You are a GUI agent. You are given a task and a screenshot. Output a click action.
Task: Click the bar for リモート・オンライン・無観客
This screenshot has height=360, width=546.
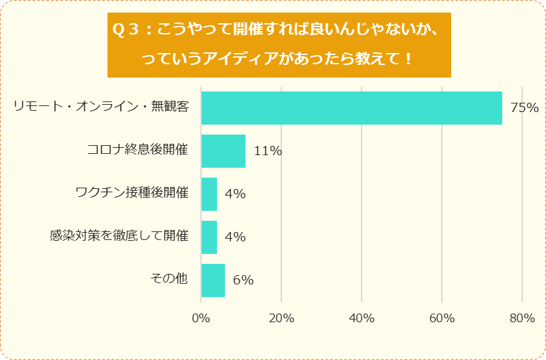click(352, 108)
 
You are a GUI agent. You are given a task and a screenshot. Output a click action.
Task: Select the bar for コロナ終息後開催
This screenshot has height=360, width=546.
click(223, 151)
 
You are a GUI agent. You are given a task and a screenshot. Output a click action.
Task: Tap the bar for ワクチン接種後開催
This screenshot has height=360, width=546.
click(209, 194)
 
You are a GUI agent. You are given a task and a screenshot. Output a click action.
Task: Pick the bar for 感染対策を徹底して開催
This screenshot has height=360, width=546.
click(209, 237)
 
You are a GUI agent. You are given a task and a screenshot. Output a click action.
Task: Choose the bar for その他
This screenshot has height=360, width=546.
click(213, 280)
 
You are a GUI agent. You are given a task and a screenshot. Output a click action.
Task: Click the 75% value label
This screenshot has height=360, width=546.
click(524, 108)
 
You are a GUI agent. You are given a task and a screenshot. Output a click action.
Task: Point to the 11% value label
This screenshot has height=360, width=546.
click(268, 151)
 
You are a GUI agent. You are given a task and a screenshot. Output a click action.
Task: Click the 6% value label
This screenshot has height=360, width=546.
click(243, 280)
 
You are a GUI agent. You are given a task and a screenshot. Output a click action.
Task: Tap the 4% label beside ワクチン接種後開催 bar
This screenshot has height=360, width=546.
click(236, 194)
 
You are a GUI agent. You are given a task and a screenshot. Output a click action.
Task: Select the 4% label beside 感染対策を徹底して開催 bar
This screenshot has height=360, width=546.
click(236, 237)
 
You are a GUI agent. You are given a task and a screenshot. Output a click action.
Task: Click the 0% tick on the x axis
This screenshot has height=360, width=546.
click(201, 318)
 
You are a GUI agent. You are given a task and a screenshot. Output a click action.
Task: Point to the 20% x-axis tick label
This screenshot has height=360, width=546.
click(281, 318)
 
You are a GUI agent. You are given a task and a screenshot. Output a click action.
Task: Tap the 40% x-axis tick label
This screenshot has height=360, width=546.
click(362, 318)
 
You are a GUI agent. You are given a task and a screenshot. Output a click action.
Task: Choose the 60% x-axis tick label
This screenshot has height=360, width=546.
click(442, 318)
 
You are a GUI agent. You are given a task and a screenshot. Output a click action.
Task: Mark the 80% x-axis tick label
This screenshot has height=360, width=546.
click(522, 318)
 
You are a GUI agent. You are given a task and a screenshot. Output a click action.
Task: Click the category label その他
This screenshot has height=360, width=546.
click(170, 279)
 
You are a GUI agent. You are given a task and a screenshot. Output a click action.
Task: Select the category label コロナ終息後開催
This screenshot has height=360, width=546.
click(138, 150)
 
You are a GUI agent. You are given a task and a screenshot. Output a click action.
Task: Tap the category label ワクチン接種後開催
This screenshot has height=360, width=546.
click(132, 193)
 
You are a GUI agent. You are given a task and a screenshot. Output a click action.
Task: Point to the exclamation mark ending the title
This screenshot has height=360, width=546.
click(408, 59)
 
